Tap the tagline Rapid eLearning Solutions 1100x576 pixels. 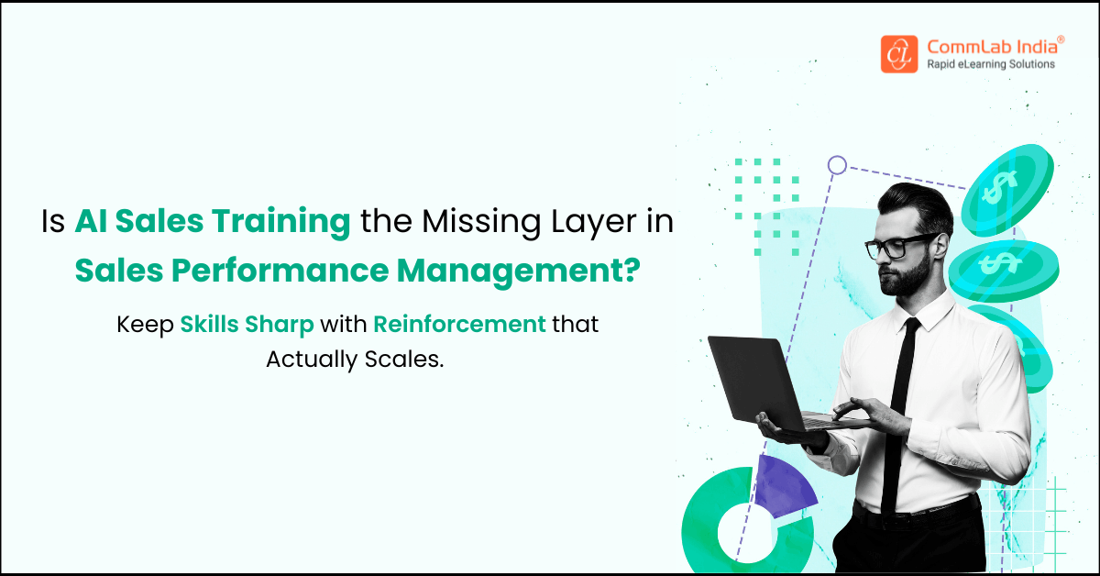click(990, 64)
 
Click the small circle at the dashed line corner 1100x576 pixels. click(837, 165)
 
